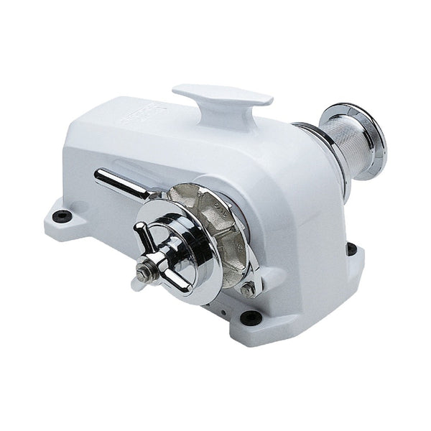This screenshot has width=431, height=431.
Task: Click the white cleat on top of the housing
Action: (222, 96)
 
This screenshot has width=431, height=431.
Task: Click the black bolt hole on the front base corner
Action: (249, 316)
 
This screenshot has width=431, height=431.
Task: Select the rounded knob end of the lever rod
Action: (101, 175)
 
